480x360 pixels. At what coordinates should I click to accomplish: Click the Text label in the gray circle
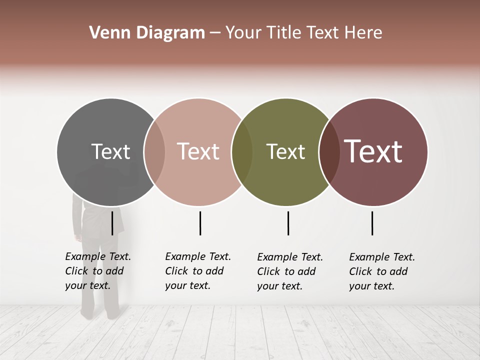[x=110, y=151]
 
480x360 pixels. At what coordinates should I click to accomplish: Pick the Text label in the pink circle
[x=198, y=151]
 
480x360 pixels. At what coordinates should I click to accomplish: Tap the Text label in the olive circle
[x=285, y=151]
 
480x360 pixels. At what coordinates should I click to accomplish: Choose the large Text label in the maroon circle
[x=373, y=151]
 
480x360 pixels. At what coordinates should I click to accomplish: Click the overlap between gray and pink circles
[x=154, y=152]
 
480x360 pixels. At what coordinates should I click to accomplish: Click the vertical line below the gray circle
[x=112, y=223]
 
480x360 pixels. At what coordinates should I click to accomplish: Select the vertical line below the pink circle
[x=200, y=223]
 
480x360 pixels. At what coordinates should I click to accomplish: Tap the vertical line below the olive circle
[x=288, y=223]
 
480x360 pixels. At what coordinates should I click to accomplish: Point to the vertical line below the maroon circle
[x=372, y=223]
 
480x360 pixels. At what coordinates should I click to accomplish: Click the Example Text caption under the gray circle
[x=98, y=271]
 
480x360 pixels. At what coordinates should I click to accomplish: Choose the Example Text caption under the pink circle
[x=198, y=271]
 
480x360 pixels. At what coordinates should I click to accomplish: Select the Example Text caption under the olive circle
[x=290, y=271]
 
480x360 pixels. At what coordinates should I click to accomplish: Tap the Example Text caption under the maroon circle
[x=382, y=271]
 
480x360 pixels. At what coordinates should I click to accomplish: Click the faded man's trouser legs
[x=100, y=280]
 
